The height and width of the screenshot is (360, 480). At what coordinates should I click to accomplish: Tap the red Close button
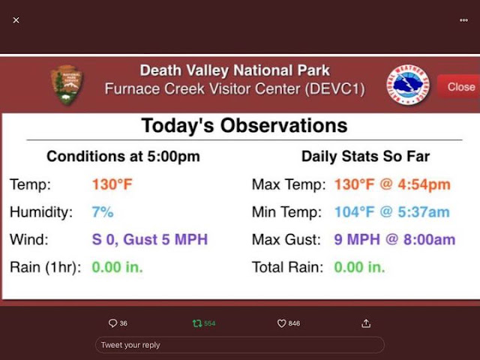tap(459, 87)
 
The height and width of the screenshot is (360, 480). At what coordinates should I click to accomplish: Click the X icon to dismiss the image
tap(16, 20)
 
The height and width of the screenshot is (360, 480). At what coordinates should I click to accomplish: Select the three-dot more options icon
tap(463, 20)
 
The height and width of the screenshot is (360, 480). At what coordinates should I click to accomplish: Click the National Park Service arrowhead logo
tap(67, 85)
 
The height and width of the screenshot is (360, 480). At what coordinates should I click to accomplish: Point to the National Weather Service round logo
tap(408, 85)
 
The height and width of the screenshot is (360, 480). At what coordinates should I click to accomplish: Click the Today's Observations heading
tap(244, 125)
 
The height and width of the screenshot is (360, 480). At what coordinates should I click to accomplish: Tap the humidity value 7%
tap(103, 211)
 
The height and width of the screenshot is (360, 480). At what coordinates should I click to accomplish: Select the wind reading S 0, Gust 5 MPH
tap(150, 239)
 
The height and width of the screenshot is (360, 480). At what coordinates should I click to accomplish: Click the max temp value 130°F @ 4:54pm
tap(392, 184)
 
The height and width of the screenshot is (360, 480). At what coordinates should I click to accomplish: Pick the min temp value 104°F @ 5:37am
tap(392, 211)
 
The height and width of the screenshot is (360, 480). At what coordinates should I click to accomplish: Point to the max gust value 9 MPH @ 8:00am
tap(394, 239)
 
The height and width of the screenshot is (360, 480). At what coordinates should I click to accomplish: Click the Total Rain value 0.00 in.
tap(359, 267)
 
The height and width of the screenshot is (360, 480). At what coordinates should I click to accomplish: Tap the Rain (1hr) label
tap(45, 267)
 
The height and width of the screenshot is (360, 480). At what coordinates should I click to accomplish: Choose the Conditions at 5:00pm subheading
tap(123, 157)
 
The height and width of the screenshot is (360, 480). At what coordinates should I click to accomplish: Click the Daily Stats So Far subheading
tap(365, 157)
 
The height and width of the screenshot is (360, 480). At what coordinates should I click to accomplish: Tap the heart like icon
tap(281, 323)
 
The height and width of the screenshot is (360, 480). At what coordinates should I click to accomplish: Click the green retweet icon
tap(197, 323)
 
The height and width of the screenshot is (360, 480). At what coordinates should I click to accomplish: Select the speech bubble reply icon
tap(112, 323)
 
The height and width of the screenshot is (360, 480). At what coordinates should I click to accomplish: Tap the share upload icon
tap(366, 323)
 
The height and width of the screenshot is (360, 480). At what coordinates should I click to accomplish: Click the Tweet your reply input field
tap(240, 345)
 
